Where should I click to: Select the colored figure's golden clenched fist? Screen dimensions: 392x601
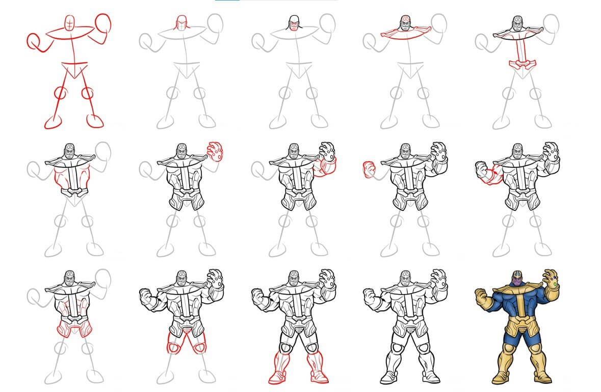[x=480, y=295]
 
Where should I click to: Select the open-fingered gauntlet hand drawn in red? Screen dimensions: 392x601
[x=216, y=151]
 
